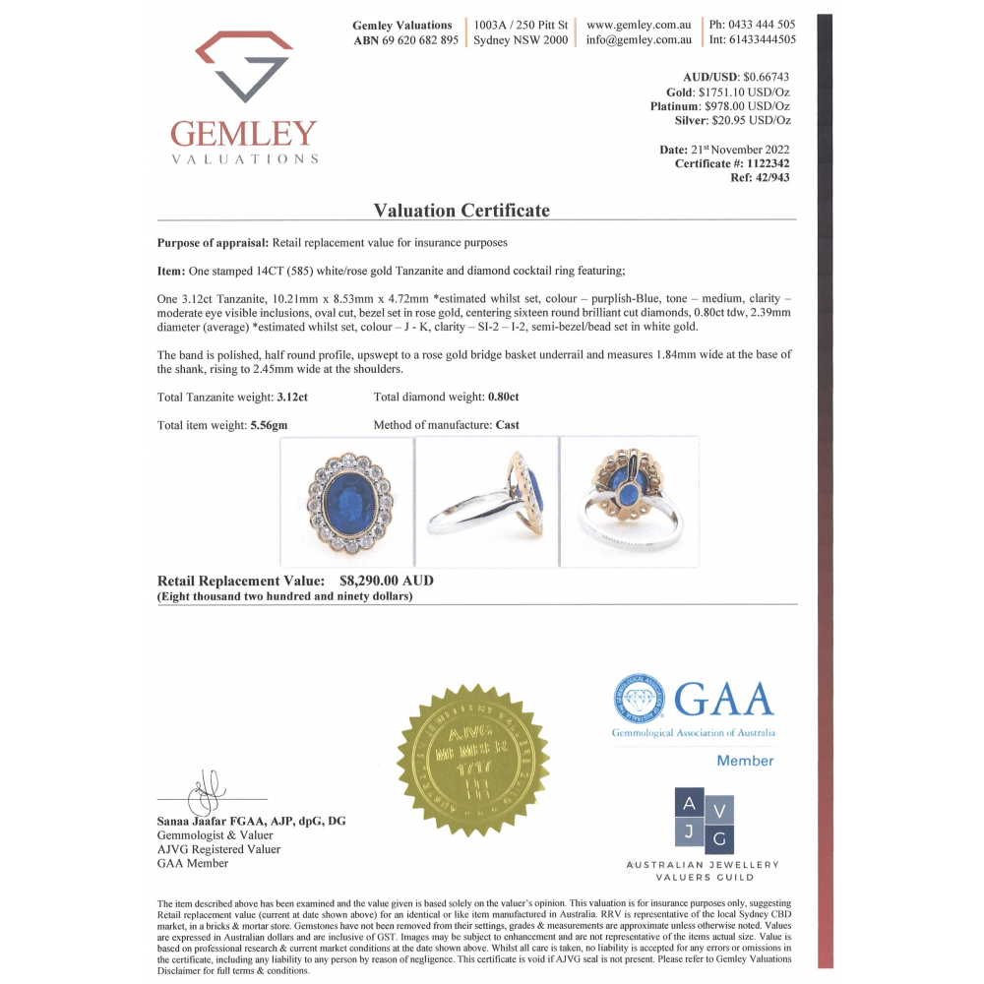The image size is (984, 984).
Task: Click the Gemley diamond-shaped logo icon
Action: [244, 67]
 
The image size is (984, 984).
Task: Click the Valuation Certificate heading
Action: [461, 211]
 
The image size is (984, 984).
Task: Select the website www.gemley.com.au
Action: [640, 25]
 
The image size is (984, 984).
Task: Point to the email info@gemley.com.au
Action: [640, 40]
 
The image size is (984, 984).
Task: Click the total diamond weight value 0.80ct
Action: [503, 398]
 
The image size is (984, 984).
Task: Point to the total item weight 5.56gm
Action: [270, 426]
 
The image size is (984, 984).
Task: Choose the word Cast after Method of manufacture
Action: [508, 426]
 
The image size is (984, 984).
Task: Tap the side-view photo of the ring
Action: [486, 502]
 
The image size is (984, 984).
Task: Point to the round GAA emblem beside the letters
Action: [639, 699]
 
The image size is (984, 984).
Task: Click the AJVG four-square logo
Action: [704, 820]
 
